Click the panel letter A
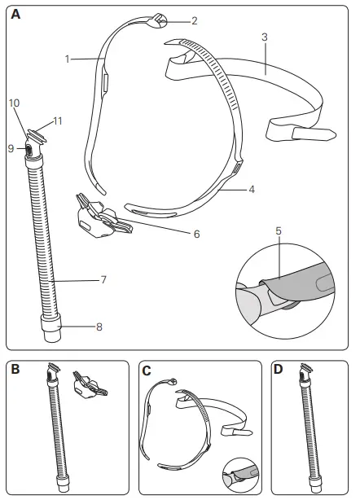coord(16,14)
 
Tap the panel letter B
coord(16,370)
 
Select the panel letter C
coord(147,370)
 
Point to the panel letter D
coord(279,370)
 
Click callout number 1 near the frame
coord(68,59)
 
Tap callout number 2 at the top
coord(194,20)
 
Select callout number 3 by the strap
coord(265,37)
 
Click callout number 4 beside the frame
coord(252,189)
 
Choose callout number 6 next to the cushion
coord(195,233)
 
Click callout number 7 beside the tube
coord(103,279)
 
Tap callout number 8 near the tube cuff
coord(99,327)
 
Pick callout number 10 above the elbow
coord(14,103)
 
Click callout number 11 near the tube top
coord(58,121)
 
